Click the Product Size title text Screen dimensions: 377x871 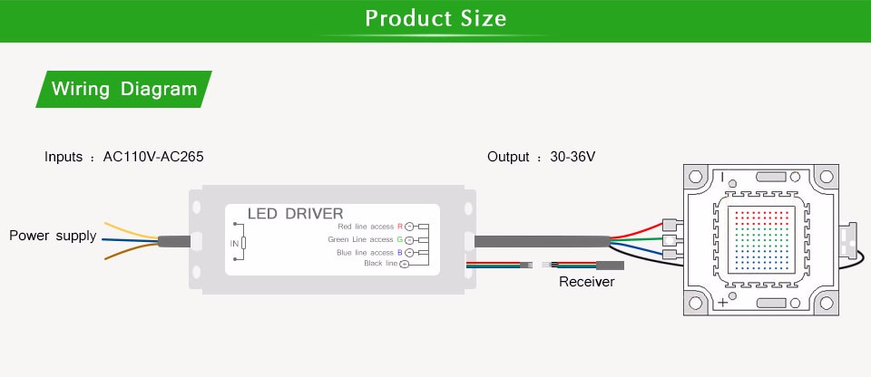tap(435, 19)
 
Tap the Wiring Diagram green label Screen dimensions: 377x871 tap(124, 89)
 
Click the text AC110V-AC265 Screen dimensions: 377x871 tap(153, 157)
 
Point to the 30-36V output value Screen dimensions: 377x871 tap(573, 157)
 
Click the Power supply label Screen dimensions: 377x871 tap(53, 236)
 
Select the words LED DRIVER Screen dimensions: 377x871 tap(295, 214)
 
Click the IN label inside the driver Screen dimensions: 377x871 tap(233, 243)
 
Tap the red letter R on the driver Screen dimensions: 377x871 tap(399, 226)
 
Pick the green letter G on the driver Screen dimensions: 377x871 tap(399, 239)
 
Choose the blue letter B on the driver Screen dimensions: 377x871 tap(399, 252)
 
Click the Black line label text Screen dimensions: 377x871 tap(380, 264)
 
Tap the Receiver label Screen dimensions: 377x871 tap(586, 283)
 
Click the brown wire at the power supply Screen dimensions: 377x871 tap(127, 256)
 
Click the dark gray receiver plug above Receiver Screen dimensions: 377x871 tap(608, 266)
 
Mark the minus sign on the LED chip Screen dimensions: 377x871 tap(722, 178)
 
